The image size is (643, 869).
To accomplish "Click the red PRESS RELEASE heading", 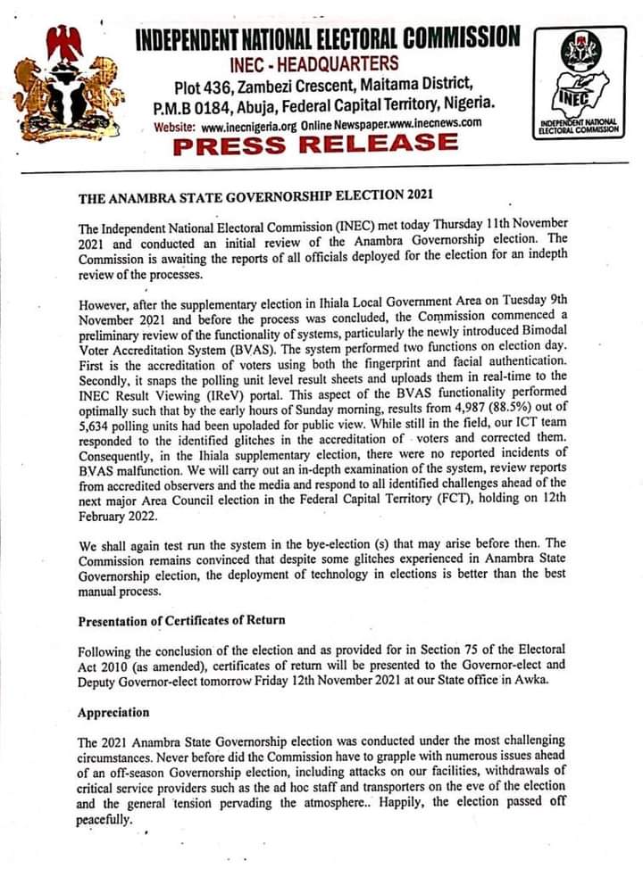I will point(316,144).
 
